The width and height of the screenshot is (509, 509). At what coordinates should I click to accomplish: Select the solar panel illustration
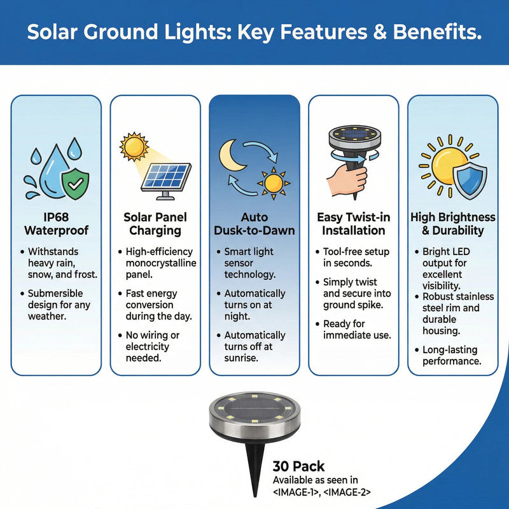coord(167,178)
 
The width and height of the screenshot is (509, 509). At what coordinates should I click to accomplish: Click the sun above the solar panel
coord(134,147)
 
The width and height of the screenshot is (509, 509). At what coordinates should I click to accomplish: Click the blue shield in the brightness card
coord(469,179)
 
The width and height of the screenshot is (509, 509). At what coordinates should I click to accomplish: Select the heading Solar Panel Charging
coord(155,223)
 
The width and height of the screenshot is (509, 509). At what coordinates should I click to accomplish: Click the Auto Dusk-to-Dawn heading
coord(254,223)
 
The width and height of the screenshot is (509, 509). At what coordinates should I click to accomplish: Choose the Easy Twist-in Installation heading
coord(353,223)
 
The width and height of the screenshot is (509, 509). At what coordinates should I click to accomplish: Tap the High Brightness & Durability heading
coord(452,223)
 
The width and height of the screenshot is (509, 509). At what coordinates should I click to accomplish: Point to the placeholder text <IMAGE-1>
coord(300,492)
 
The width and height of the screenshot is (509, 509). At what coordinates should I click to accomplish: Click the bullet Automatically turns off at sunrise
coord(254,347)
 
